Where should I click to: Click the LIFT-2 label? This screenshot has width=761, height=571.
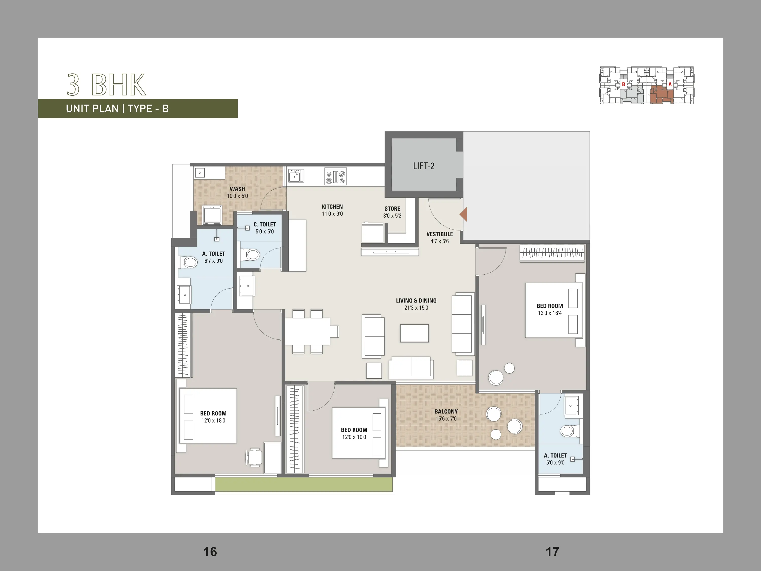(424, 166)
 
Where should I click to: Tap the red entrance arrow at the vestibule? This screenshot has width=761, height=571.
(463, 214)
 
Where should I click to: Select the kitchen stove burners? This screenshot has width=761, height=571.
(335, 177)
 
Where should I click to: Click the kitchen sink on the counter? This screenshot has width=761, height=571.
(296, 176)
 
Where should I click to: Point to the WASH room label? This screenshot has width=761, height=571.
(237, 189)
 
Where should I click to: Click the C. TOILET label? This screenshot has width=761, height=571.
(265, 224)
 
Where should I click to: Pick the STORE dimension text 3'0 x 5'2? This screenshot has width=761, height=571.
(392, 216)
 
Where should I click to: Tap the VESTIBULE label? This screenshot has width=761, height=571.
(440, 234)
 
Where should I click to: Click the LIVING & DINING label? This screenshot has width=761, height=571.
(416, 300)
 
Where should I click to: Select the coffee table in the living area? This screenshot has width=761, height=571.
(414, 333)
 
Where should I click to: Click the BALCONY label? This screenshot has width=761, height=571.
(446, 412)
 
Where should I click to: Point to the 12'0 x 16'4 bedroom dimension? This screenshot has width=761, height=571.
(550, 313)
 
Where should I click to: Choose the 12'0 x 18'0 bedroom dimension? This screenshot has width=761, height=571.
(213, 421)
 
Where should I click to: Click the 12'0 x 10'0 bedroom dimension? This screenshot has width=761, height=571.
(354, 437)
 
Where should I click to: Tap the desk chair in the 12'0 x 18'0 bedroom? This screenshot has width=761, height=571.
(254, 457)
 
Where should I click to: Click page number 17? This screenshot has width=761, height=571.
(552, 552)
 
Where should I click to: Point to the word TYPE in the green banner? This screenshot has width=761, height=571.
(140, 109)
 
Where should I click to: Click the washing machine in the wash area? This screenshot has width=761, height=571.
(212, 215)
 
